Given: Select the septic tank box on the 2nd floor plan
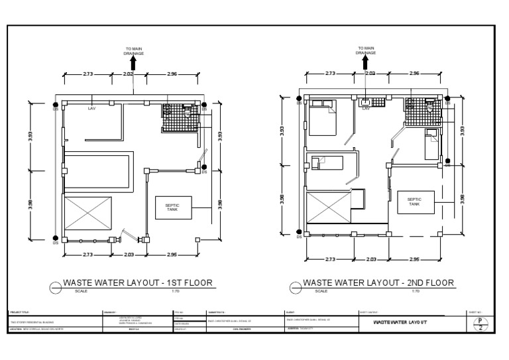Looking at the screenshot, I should (x=414, y=202).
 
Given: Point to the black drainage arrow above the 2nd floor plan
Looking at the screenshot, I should (x=366, y=60).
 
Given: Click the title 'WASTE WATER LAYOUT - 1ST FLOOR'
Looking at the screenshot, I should (x=137, y=282).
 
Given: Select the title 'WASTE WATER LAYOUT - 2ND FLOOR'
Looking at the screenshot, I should (x=378, y=282).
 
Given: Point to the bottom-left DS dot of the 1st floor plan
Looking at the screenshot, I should (x=56, y=238).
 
